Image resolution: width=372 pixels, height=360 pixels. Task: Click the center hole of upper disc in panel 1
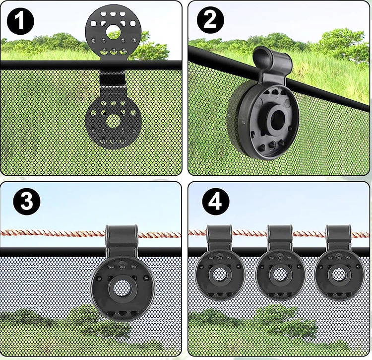114,32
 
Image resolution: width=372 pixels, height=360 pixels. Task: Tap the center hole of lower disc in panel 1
114,120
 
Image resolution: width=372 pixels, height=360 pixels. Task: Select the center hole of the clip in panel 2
275,118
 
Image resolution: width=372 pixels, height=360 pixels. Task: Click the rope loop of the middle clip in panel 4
280,233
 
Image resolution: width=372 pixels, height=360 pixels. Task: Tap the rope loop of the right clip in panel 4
339,233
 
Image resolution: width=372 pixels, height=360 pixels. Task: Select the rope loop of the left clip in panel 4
220,233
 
